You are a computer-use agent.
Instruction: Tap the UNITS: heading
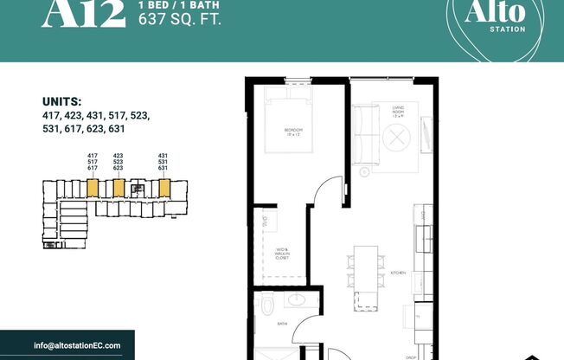[x=61, y=100]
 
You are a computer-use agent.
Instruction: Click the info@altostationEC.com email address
[x=77, y=345]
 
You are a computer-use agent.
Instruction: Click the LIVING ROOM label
[x=400, y=108]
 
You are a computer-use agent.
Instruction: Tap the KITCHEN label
[x=398, y=273]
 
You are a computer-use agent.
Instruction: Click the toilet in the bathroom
[x=266, y=305]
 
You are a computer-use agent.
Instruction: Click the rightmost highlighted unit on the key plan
[x=160, y=187]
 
